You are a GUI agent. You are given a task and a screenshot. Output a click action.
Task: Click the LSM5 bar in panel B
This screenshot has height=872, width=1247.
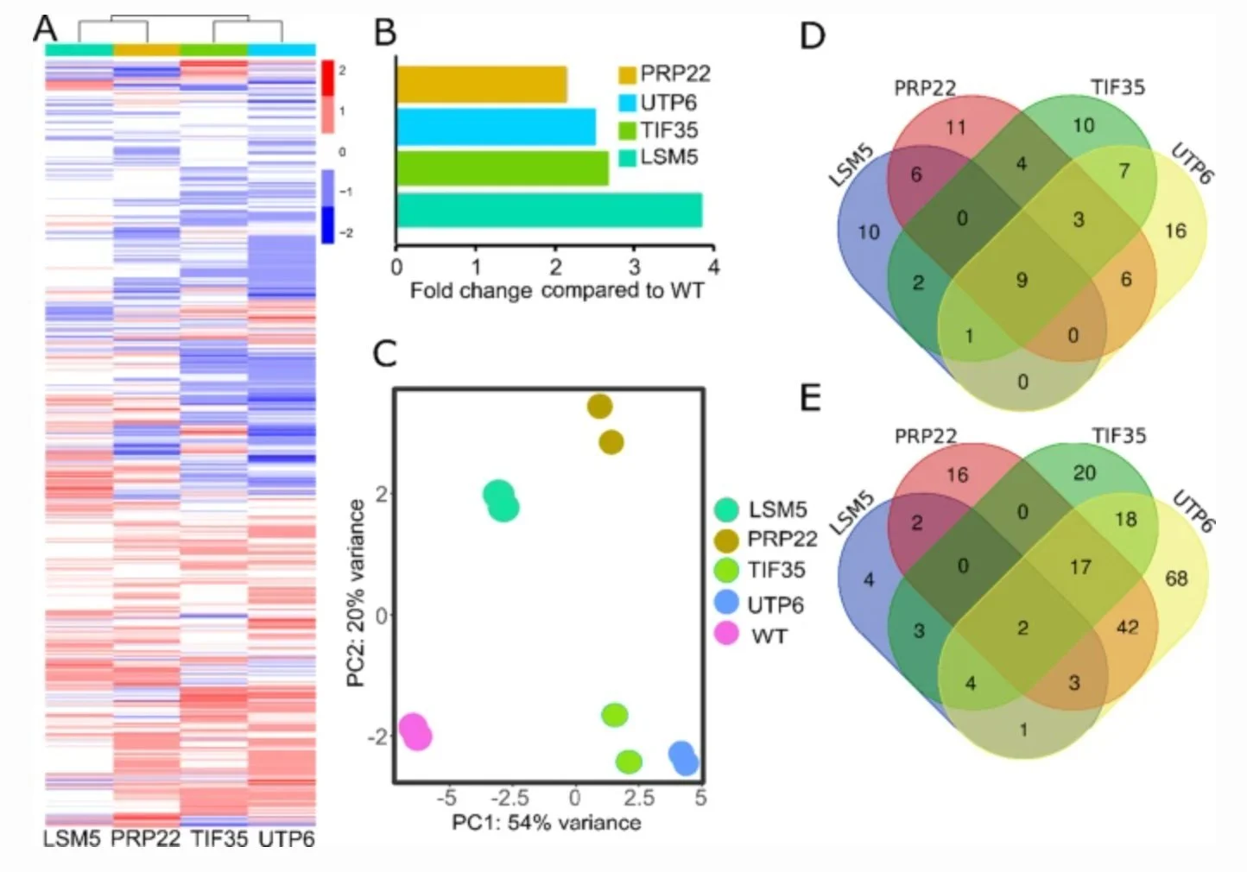[549, 210]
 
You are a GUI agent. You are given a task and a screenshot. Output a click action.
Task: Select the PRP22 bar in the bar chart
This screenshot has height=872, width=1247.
[482, 84]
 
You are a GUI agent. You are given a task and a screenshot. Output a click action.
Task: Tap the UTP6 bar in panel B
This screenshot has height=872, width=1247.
[496, 126]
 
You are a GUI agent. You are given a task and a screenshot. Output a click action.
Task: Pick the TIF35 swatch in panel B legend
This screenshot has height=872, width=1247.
[628, 131]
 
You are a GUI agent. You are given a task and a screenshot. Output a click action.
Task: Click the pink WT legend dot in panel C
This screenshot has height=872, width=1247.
[727, 635]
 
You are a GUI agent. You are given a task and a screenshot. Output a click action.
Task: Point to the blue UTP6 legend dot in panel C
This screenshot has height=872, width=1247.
[727, 603]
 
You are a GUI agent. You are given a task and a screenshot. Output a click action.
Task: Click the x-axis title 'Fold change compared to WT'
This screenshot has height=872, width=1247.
[556, 291]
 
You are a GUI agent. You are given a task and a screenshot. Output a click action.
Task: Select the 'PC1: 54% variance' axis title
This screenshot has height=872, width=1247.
[546, 822]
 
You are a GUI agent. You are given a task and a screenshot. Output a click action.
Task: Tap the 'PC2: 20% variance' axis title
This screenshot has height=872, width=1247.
[355, 594]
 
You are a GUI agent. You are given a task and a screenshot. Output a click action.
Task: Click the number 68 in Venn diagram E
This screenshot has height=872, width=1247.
[1176, 578]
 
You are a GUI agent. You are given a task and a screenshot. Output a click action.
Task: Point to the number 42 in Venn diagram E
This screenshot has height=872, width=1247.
[1127, 627]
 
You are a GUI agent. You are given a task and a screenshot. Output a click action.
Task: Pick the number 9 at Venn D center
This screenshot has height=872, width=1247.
[1022, 280]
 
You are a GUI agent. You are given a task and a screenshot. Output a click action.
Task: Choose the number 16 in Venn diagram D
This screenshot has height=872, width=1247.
[1174, 231]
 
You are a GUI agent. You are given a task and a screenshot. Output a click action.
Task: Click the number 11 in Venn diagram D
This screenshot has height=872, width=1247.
[956, 128]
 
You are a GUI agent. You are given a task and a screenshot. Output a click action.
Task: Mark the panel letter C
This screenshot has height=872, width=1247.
[384, 353]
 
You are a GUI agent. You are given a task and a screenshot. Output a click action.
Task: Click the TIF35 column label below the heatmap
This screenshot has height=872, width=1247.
[218, 838]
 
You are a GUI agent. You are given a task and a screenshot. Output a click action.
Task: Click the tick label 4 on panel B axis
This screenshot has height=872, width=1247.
[713, 267]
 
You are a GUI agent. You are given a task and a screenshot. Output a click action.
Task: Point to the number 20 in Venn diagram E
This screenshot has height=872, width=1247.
[1085, 472]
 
